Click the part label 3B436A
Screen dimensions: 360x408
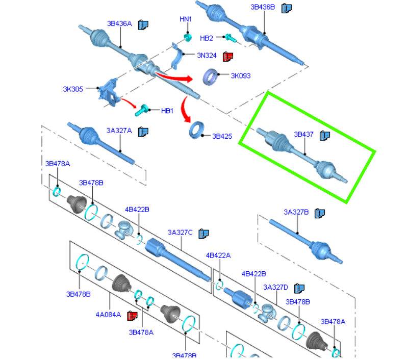(x=119, y=23)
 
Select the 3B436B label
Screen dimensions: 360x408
(x=263, y=7)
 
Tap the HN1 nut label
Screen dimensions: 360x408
(x=186, y=19)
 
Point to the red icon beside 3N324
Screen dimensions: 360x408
(x=228, y=56)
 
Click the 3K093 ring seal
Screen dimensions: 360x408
(x=211, y=76)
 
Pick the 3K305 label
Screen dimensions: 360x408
(x=73, y=89)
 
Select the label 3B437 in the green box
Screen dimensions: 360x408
(x=303, y=135)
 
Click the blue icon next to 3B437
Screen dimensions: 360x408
(x=325, y=136)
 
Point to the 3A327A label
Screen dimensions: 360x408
(x=119, y=131)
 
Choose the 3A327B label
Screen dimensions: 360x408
(x=296, y=212)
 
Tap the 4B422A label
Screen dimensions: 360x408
(x=218, y=255)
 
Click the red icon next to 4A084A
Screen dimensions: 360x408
(x=132, y=316)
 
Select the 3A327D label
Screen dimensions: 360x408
(x=276, y=288)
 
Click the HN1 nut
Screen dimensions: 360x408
(x=187, y=37)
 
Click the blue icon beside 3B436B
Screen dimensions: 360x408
(x=287, y=8)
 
